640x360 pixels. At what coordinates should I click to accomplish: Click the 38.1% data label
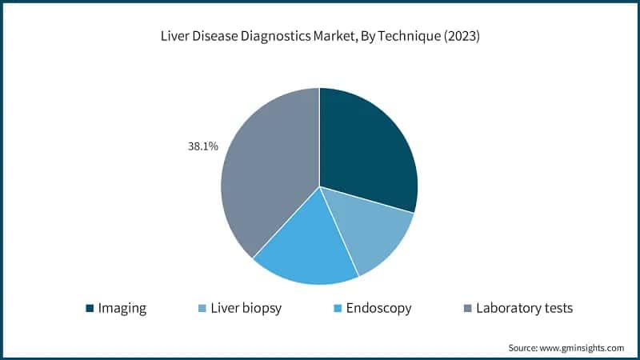202,147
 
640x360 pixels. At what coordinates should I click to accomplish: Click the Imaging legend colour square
90,308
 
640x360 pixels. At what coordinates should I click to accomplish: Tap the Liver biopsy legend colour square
204,308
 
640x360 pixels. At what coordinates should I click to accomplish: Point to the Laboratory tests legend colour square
467,308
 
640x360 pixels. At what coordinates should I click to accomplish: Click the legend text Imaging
122,308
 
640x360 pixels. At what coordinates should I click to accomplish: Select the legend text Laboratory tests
524,308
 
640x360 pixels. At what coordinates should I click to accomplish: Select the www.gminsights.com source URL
582,348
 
